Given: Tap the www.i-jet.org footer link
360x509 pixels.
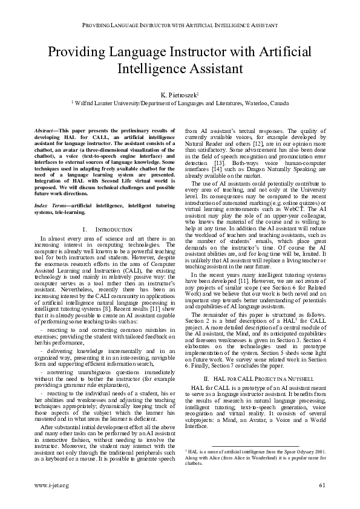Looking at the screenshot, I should tap(52, 485).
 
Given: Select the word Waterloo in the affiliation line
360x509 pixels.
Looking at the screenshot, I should tap(257, 103).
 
